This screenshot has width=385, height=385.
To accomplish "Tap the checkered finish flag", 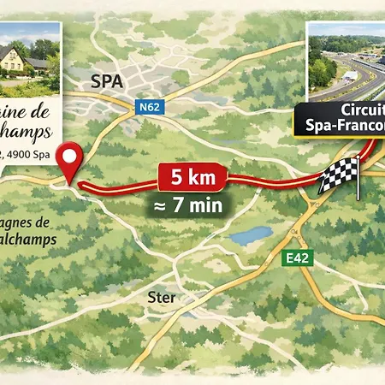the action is (x=338, y=175).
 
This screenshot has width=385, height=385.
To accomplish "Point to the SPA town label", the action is (x=106, y=81).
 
